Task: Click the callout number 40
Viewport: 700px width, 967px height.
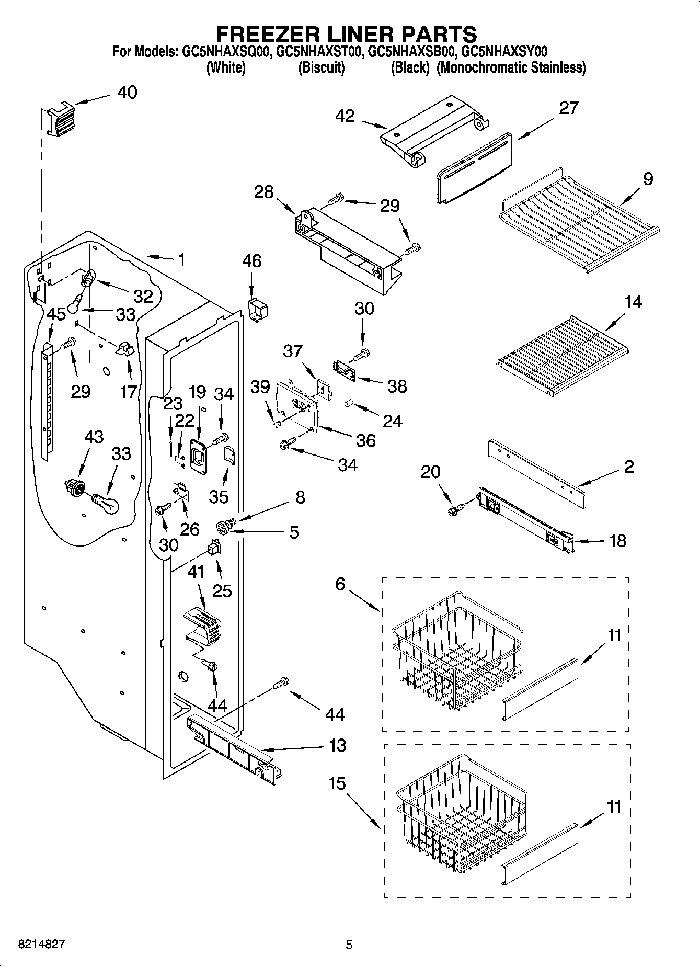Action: click(x=127, y=93)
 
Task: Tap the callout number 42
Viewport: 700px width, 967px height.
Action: click(x=346, y=116)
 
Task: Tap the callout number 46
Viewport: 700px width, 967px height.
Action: click(x=252, y=261)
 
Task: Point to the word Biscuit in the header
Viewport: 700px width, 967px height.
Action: click(x=321, y=68)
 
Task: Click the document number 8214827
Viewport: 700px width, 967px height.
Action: click(x=41, y=944)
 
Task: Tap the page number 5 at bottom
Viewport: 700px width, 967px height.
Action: click(x=349, y=945)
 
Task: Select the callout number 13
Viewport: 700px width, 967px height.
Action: click(x=338, y=745)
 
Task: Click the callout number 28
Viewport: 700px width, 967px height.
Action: click(x=263, y=192)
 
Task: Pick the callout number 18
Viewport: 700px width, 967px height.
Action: click(x=617, y=541)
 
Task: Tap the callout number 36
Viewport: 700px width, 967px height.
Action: click(x=365, y=440)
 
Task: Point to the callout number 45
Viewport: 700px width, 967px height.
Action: click(x=56, y=314)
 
